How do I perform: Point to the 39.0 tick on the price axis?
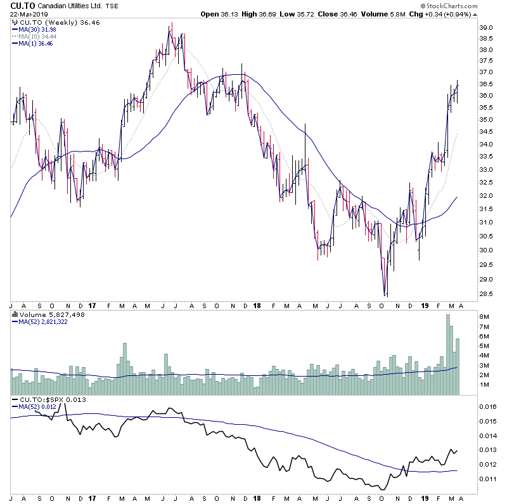[487, 28]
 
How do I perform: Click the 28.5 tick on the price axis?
[487, 294]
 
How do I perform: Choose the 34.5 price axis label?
[487, 132]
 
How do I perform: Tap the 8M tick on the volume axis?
[485, 316]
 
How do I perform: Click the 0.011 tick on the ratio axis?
[488, 479]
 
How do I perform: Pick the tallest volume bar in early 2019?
[449, 355]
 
